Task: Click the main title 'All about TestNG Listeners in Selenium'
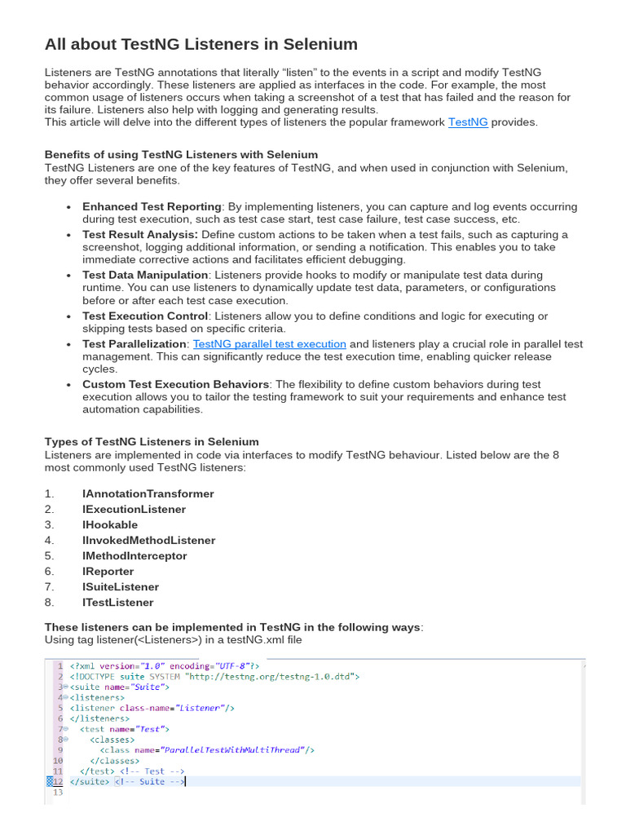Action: click(x=201, y=44)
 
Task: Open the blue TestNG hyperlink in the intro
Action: click(x=468, y=122)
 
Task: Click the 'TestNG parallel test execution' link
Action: click(x=269, y=344)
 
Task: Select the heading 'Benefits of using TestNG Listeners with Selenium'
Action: click(x=181, y=154)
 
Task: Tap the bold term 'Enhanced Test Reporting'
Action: click(x=152, y=207)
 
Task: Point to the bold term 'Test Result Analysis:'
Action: click(x=139, y=235)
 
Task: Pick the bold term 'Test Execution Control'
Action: click(x=145, y=316)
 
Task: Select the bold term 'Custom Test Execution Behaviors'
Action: click(x=175, y=384)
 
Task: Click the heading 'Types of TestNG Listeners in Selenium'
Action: click(x=152, y=442)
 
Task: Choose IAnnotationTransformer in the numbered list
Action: click(x=148, y=494)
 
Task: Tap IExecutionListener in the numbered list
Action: click(x=134, y=510)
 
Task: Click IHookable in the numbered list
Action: click(x=110, y=525)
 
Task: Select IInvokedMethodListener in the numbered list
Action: click(x=148, y=541)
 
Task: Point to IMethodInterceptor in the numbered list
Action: click(x=134, y=556)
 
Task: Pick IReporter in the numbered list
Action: click(x=108, y=572)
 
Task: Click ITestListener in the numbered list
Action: click(x=117, y=603)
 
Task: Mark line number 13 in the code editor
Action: click(x=57, y=792)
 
